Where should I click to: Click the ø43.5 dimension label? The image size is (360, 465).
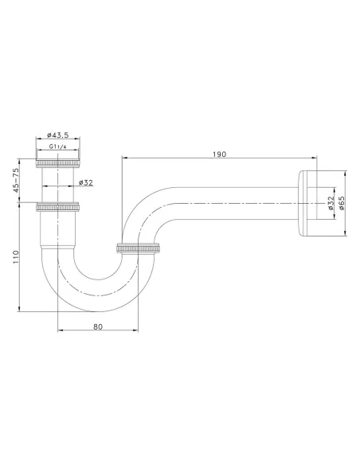pos(58,135)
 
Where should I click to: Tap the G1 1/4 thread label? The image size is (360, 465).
pos(58,147)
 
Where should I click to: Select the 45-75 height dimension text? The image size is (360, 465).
pos(15,180)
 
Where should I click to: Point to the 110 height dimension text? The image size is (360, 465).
pos(15,257)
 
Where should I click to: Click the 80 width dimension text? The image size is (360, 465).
pos(98,326)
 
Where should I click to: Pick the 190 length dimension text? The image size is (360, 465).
pos(220,154)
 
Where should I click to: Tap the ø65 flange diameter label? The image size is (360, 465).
pos(342,203)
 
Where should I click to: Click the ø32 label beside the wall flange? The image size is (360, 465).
pos(331,203)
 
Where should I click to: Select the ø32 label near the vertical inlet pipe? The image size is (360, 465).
pos(86,182)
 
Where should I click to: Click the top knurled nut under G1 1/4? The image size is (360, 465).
pos(58,162)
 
